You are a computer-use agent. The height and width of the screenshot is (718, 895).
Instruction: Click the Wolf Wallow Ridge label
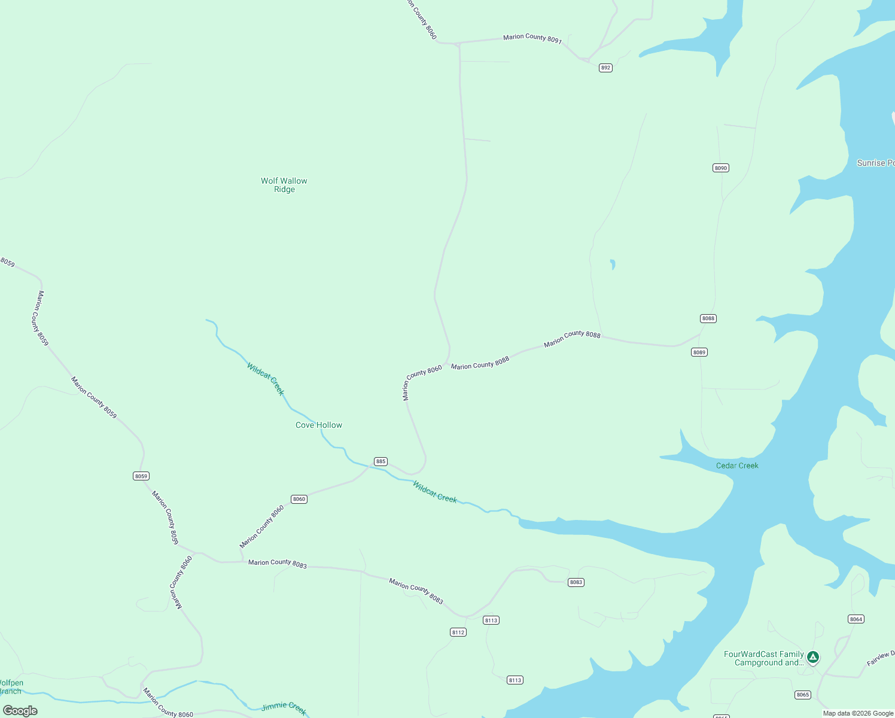coord(284,185)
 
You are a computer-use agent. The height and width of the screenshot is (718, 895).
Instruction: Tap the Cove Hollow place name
coord(319,425)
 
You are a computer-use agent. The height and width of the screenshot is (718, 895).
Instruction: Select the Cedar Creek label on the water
coord(737,466)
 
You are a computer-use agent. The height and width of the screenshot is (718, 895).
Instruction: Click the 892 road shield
coord(605,68)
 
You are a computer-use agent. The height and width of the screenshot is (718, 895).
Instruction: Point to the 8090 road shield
coord(721,168)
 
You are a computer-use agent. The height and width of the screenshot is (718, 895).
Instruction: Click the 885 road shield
coord(380,461)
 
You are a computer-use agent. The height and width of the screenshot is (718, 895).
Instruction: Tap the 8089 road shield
coord(699,352)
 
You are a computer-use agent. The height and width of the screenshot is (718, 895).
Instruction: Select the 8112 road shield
coord(458,632)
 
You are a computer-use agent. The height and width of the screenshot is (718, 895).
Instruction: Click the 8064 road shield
coord(856,619)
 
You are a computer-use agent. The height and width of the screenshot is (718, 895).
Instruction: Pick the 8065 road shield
coord(803,695)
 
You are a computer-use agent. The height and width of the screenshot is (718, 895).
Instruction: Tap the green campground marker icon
coord(812,658)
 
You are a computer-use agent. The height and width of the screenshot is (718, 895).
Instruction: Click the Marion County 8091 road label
coord(532,38)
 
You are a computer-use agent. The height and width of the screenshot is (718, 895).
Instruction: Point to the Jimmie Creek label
coord(284,708)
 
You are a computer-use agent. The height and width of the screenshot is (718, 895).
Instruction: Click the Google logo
coord(20,711)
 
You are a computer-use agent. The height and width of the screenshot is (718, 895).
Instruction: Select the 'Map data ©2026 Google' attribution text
coord(858,713)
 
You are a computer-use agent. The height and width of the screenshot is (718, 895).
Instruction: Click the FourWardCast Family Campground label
coord(764,658)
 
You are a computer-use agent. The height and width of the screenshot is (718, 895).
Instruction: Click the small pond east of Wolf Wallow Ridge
coord(612,264)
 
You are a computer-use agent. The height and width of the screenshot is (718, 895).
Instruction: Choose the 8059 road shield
coord(141,476)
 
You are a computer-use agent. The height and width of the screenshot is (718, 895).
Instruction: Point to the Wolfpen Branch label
coord(11,687)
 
